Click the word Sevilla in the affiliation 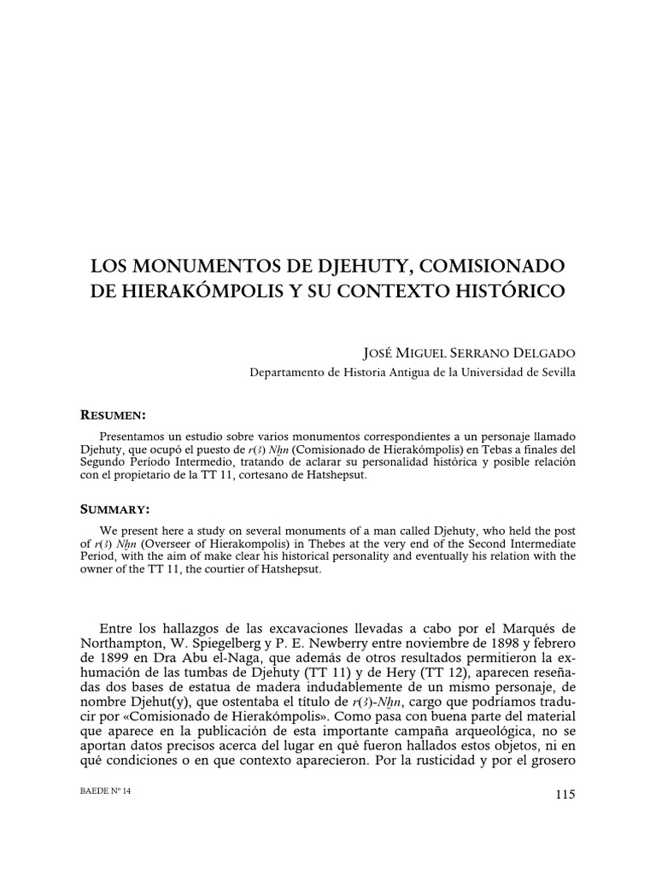(x=556, y=372)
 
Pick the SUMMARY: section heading (x=114, y=509)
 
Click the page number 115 (x=565, y=795)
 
